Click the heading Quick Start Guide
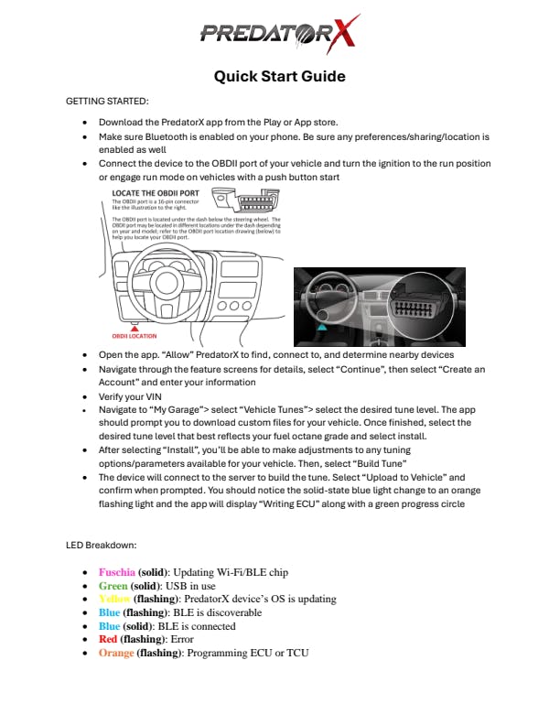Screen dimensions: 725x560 pyautogui.click(x=279, y=76)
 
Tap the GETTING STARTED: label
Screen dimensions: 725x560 pyautogui.click(x=107, y=101)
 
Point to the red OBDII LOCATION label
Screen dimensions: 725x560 pyautogui.click(x=135, y=336)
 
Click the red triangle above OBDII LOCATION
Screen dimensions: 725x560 pyautogui.click(x=135, y=326)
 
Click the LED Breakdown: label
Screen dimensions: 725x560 pyautogui.click(x=102, y=546)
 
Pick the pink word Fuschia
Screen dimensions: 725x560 pyautogui.click(x=116, y=572)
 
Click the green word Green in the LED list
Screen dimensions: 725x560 pyautogui.click(x=113, y=586)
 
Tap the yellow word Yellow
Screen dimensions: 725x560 pyautogui.click(x=115, y=600)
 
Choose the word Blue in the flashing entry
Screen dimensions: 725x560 pyautogui.click(x=109, y=612)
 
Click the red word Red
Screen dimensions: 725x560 pyautogui.click(x=107, y=639)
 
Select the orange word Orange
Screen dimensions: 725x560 pyautogui.click(x=116, y=653)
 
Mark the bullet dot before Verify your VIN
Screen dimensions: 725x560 pyautogui.click(x=85, y=397)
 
